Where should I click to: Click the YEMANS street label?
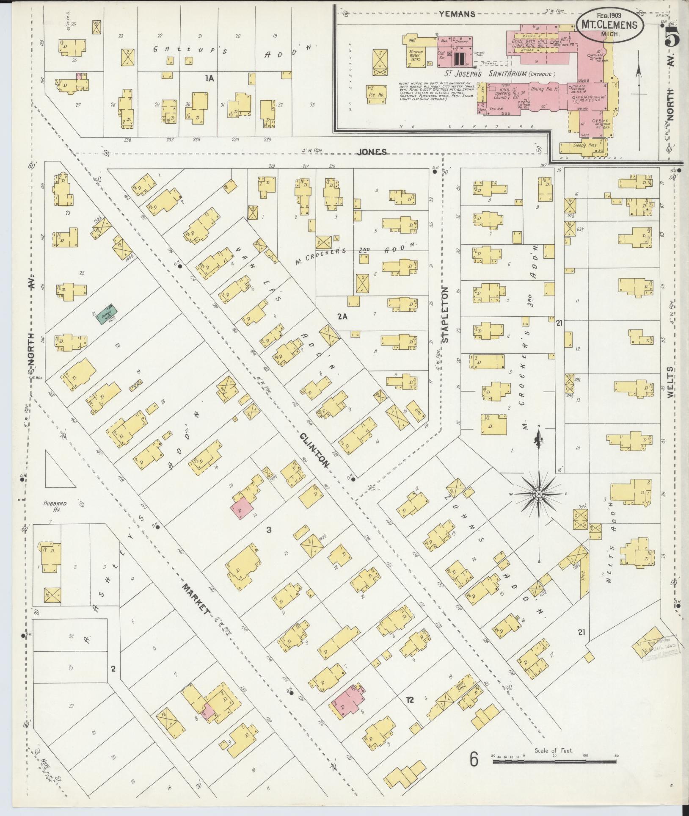[x=457, y=14]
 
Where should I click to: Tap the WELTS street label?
[x=670, y=382]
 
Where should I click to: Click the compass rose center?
[x=539, y=494]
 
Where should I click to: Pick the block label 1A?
[x=210, y=78]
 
